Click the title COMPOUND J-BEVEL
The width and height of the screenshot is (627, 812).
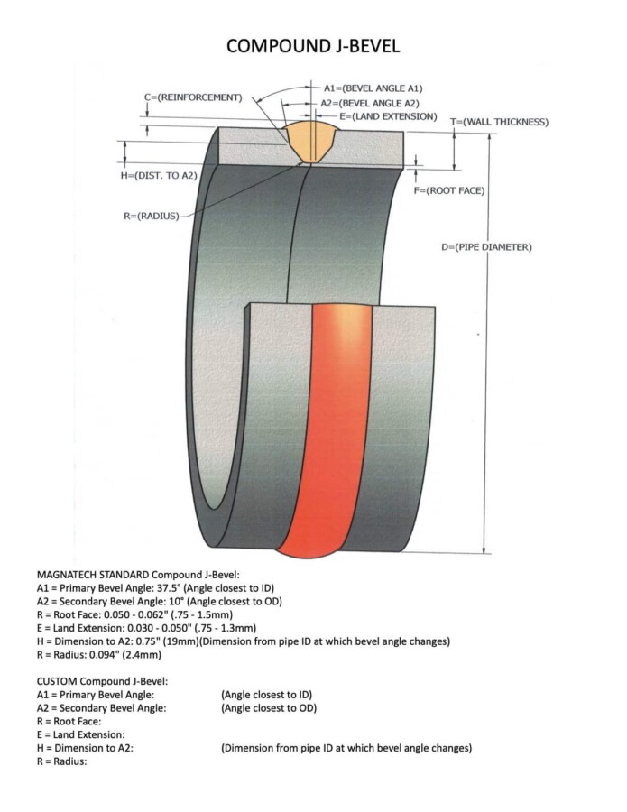coord(313,44)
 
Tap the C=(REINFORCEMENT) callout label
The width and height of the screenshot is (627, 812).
coord(192,97)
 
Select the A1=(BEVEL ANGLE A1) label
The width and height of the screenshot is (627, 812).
coord(373,88)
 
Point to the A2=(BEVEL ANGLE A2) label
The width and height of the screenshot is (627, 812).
coord(373,103)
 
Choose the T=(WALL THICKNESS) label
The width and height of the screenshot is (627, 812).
coord(500,121)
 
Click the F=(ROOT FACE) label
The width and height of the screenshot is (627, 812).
coord(449,190)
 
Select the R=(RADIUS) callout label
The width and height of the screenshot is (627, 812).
coord(151,216)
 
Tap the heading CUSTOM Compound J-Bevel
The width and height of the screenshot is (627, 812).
coord(102,679)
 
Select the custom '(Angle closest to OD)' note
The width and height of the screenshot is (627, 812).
coord(269,707)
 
